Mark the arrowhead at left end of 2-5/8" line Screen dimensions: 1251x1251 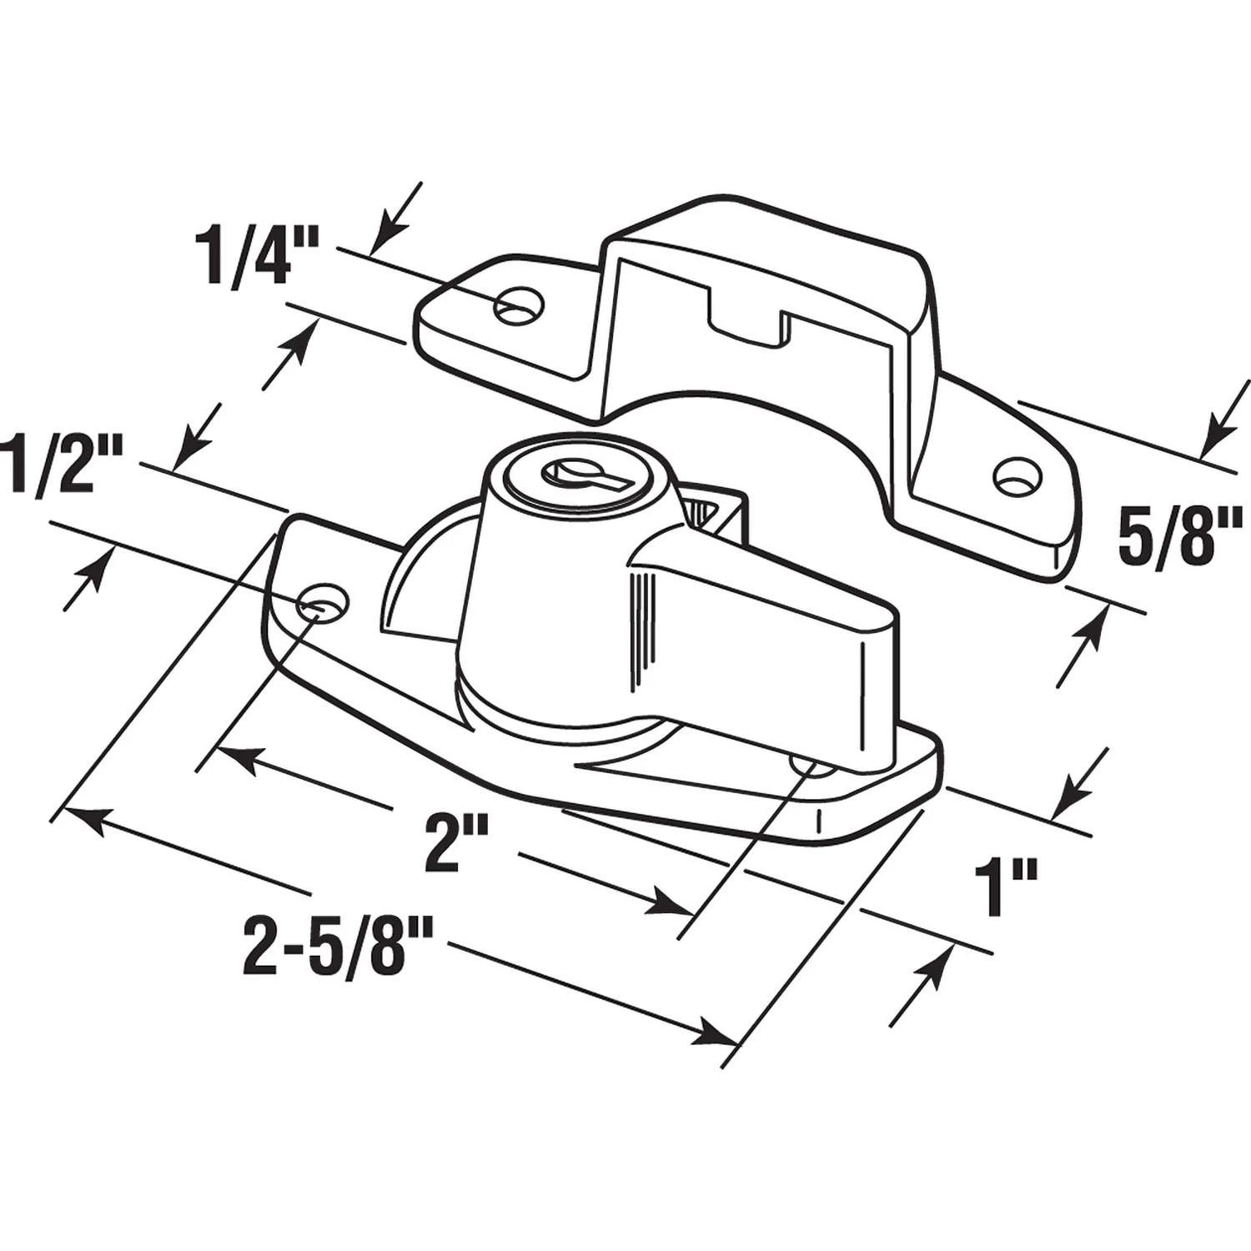(x=80, y=818)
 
